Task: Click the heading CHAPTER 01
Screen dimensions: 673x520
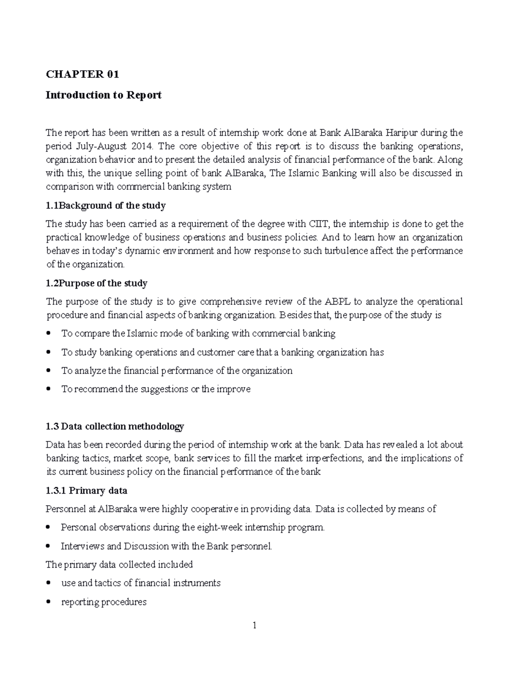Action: (82, 75)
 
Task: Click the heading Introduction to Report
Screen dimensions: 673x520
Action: (104, 95)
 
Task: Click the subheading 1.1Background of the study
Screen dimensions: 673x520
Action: (106, 205)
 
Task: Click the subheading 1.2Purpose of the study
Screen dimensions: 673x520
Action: (96, 283)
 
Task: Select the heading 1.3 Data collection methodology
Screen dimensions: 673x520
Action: (115, 426)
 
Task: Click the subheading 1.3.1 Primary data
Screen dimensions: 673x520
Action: (86, 491)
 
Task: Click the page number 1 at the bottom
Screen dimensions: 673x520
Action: (255, 625)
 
